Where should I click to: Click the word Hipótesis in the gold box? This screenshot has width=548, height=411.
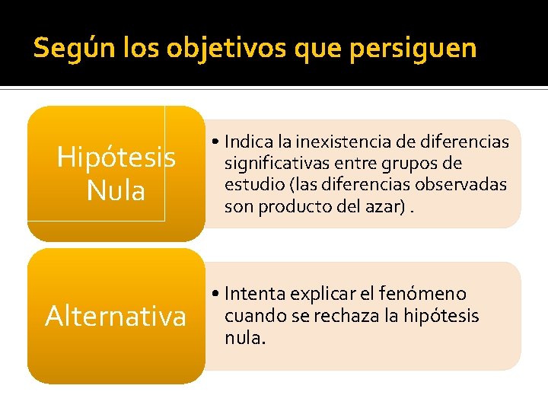116,158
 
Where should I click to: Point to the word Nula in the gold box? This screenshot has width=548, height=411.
116,190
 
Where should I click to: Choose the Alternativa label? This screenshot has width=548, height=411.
116,316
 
